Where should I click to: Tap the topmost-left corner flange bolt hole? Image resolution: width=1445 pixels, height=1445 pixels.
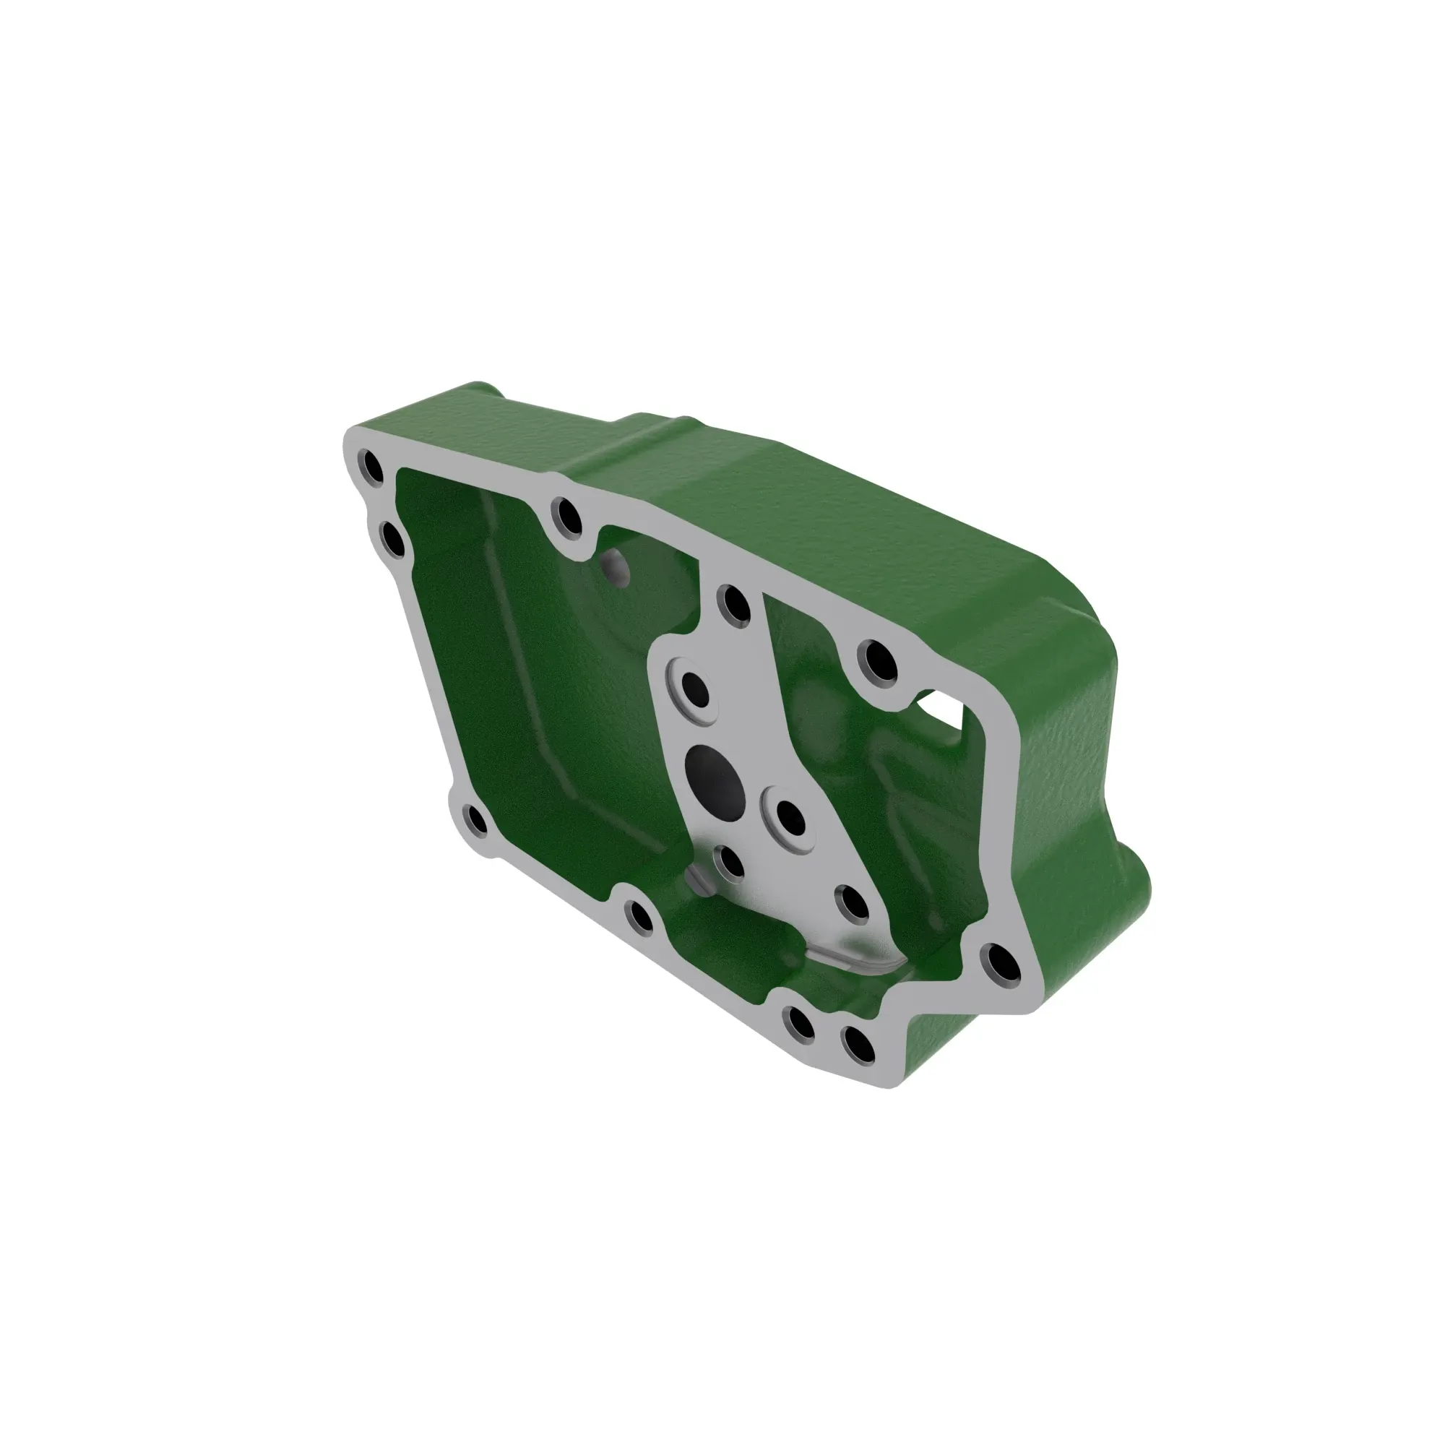pyautogui.click(x=371, y=467)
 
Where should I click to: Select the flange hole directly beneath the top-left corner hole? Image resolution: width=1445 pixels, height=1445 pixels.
pyautogui.click(x=392, y=540)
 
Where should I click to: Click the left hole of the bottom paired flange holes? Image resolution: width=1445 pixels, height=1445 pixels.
pyautogui.click(x=801, y=1024)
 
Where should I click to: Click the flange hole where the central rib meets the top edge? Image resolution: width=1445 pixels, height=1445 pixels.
pyautogui.click(x=736, y=604)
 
